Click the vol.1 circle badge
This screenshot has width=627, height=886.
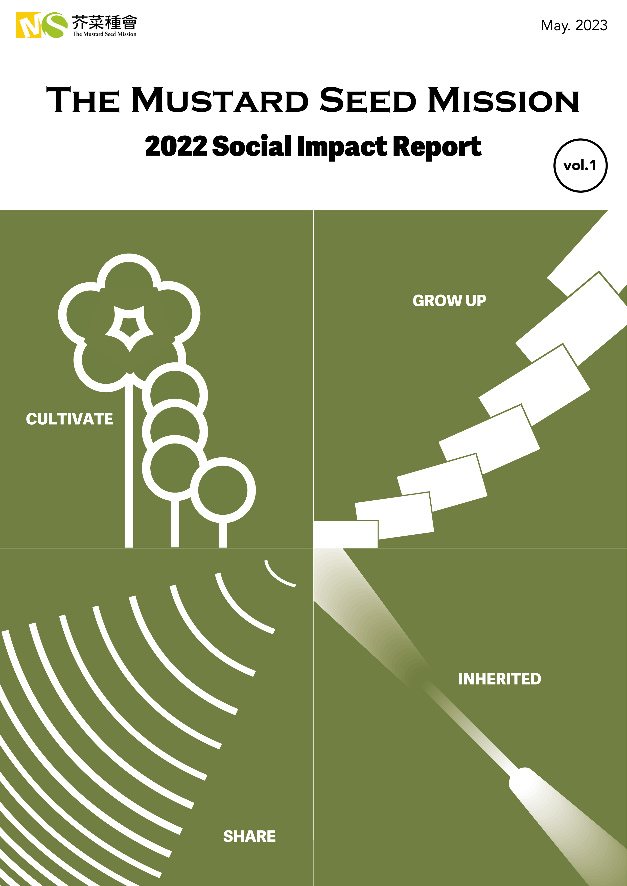point(580,165)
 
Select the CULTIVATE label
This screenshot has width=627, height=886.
point(69,419)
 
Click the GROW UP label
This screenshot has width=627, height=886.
point(449,301)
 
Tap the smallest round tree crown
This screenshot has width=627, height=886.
point(223,490)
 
